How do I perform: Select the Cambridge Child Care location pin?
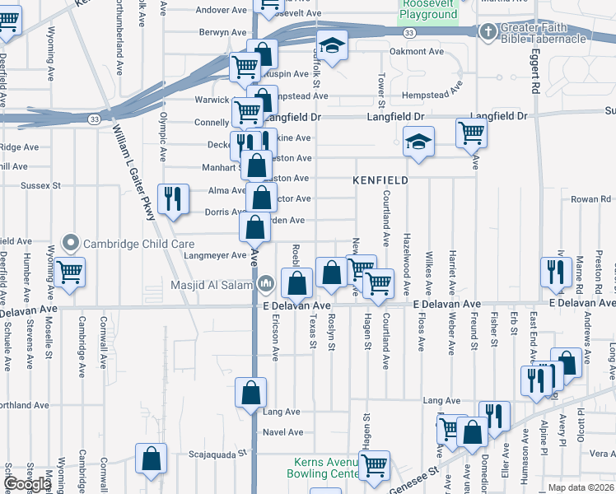click(71, 244)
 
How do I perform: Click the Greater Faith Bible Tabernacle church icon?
click(488, 31)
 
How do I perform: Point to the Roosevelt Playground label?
click(428, 9)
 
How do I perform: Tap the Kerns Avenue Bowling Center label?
click(323, 468)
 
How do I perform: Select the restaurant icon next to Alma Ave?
click(172, 198)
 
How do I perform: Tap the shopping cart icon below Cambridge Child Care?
click(70, 272)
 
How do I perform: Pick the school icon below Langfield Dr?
click(418, 141)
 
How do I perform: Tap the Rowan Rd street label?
click(592, 199)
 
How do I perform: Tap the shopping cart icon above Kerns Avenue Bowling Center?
click(376, 464)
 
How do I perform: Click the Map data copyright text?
click(581, 487)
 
